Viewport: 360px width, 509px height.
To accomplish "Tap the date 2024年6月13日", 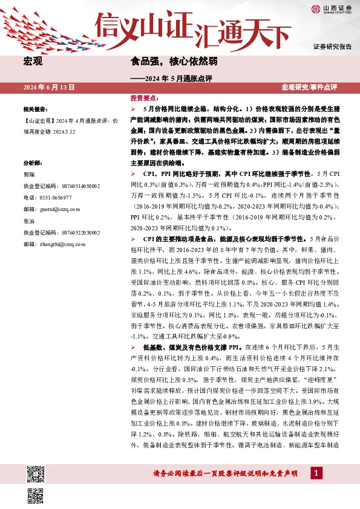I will [49, 88].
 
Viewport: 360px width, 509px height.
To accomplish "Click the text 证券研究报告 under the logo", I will [332, 47].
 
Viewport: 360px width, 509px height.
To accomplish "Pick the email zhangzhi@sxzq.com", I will [59, 243].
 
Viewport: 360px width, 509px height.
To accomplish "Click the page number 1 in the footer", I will [315, 473].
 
